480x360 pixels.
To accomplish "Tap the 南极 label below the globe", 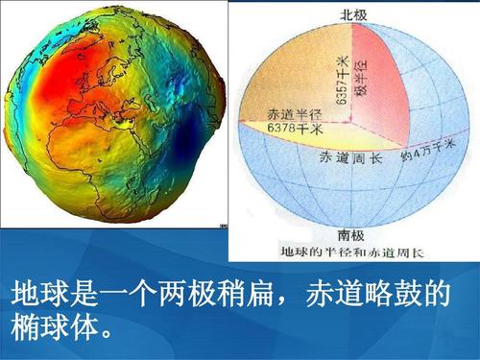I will pos(350,233).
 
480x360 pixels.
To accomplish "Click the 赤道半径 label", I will pos(275,113).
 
